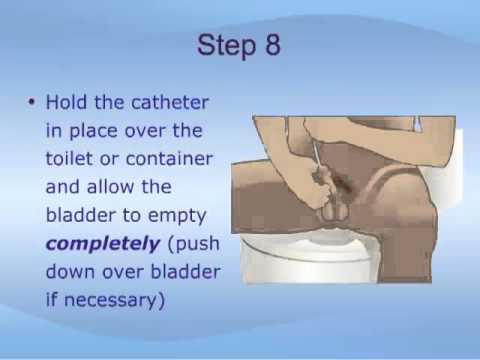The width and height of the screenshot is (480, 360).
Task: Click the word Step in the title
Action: pyautogui.click(x=227, y=46)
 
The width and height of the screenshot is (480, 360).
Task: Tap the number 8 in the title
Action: pyautogui.click(x=273, y=45)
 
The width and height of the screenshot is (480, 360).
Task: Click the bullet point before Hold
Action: pyautogui.click(x=32, y=102)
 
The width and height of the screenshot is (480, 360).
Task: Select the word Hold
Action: pyautogui.click(x=66, y=102)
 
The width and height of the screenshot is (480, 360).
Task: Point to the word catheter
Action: pyautogui.click(x=152, y=102)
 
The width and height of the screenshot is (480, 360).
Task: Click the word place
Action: pyautogui.click(x=93, y=131)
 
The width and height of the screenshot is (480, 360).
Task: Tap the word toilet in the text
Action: pyautogui.click(x=69, y=158)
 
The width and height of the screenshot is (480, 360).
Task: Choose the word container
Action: pyautogui.click(x=169, y=159)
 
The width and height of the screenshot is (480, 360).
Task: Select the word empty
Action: pyautogui.click(x=177, y=216)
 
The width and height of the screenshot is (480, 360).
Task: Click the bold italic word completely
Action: pyautogui.click(x=103, y=244)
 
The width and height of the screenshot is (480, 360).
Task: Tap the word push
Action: pyautogui.click(x=194, y=244)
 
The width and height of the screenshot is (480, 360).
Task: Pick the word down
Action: pyautogui.click(x=69, y=272)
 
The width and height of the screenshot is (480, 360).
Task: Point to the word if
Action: pyautogui.click(x=51, y=300)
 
